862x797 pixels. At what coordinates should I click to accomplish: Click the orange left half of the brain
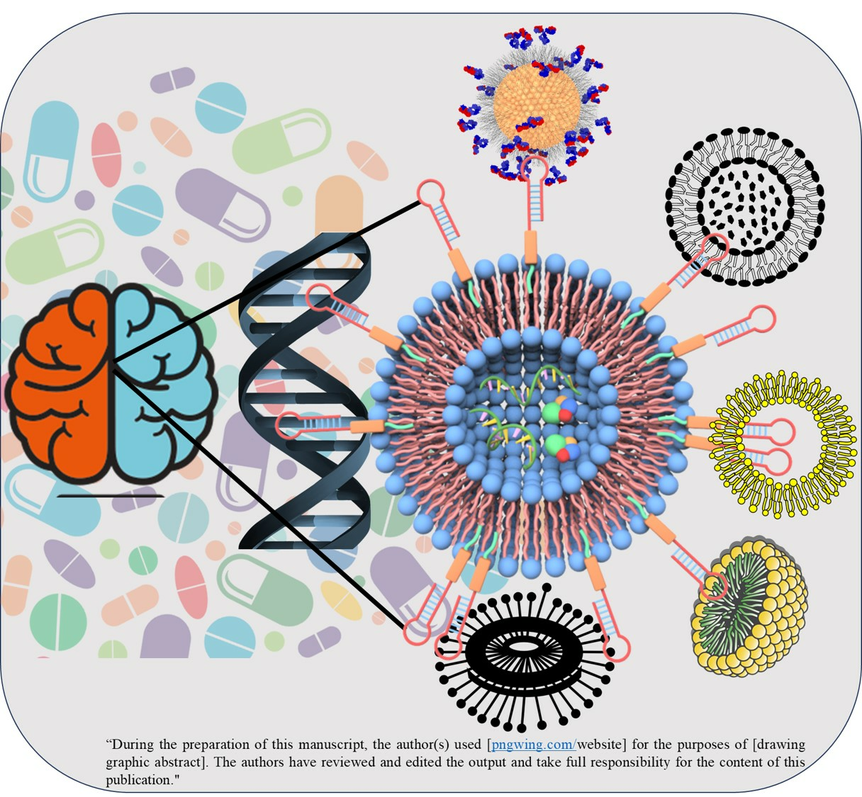60,383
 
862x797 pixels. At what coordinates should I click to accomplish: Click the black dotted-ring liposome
744,205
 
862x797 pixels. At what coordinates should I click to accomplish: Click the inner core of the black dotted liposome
744,205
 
